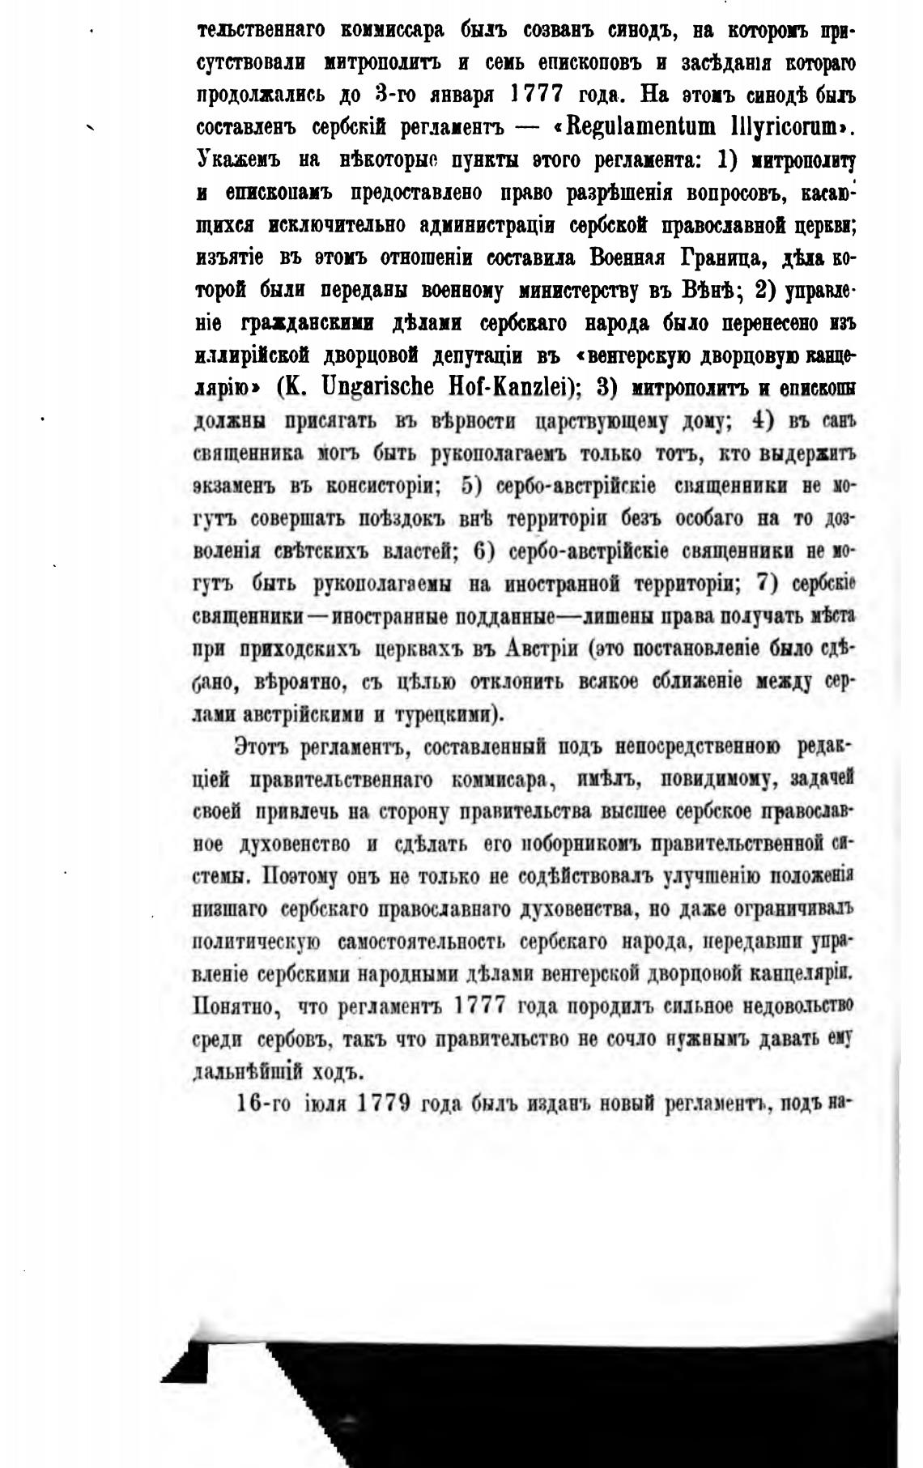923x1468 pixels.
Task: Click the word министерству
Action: pyautogui.click(x=580, y=290)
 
